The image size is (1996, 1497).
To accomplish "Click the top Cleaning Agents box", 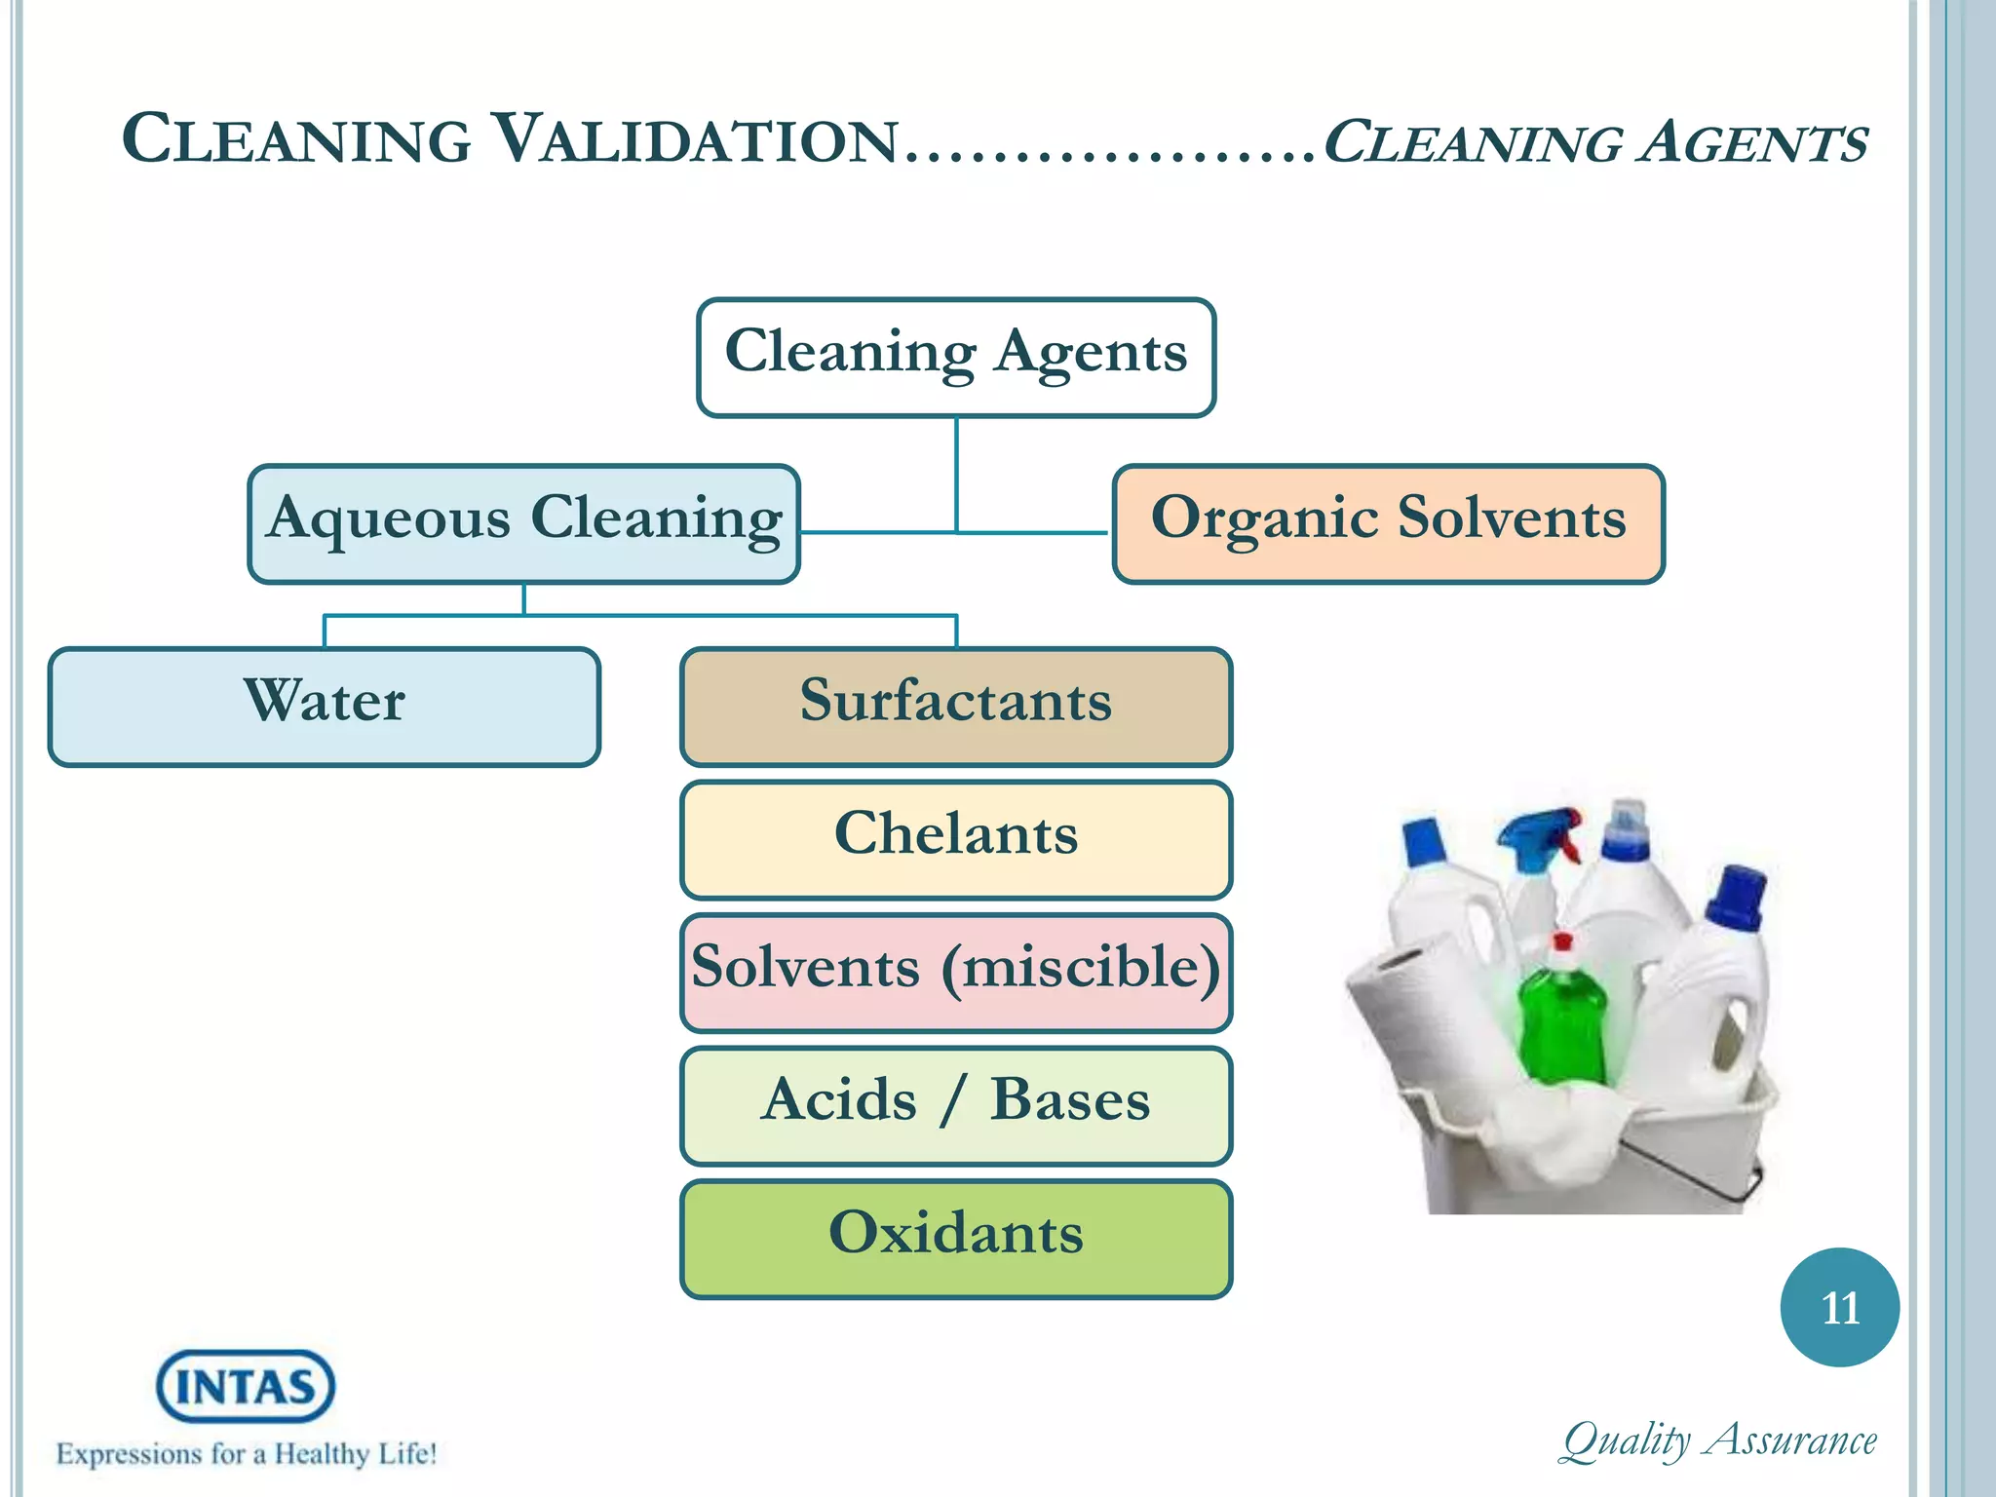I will coord(956,357).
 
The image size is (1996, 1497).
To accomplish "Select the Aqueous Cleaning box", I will coord(523,523).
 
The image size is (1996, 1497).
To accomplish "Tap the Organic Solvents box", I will coord(1388,523).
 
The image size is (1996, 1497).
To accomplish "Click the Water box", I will coord(324,707).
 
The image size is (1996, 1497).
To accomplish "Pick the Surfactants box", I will coord(956,707).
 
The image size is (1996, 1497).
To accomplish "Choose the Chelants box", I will coord(956,839).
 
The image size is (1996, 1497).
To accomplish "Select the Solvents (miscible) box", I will coord(956,973).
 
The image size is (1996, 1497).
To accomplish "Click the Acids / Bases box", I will coord(956,1105).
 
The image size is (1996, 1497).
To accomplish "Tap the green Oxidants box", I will coord(956,1239).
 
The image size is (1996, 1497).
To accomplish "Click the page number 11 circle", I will coord(1839,1307).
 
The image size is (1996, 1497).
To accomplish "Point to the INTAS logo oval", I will coord(246,1385).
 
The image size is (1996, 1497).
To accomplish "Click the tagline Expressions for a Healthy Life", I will coord(246,1454).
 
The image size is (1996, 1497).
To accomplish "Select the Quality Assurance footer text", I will coord(1719,1440).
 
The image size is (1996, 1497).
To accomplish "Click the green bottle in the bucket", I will coord(1562,1023).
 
